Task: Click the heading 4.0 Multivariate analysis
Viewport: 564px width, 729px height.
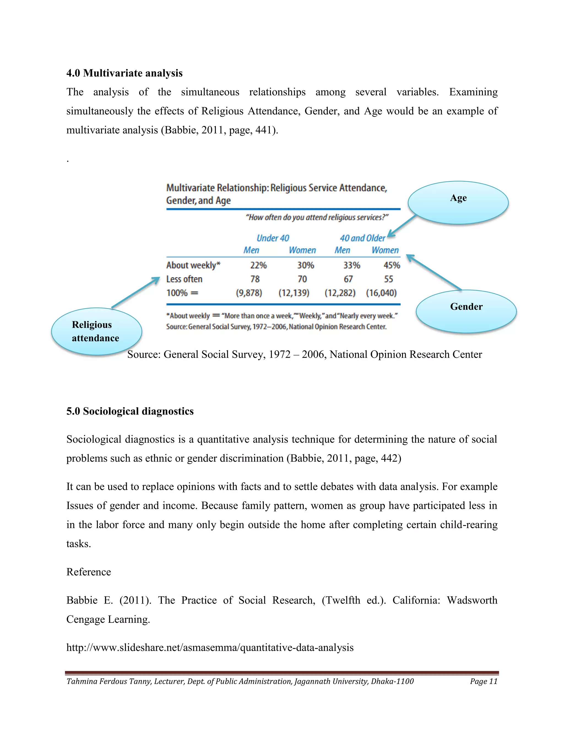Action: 124,73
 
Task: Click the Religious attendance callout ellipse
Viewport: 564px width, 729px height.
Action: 96,331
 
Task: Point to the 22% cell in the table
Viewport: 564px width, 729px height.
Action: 258,265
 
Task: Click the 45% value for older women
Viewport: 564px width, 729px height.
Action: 392,265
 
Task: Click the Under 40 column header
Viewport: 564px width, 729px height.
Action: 273,238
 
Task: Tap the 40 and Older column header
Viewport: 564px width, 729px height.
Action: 362,238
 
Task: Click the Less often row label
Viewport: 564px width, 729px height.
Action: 184,279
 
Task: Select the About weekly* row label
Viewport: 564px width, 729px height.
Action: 193,265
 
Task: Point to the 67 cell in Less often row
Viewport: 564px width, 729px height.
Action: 348,279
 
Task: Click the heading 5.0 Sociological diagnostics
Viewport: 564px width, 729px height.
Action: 130,411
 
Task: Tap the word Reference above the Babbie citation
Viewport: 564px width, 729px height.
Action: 89,572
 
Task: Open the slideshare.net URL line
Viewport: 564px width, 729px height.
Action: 210,648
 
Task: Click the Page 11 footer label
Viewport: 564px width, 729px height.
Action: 484,681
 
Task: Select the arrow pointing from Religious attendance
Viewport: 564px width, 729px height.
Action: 135,292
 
